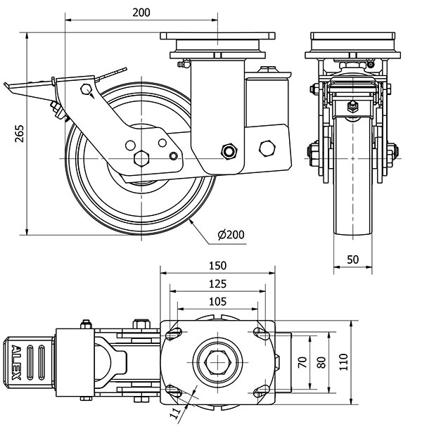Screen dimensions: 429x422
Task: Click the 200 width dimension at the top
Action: point(140,12)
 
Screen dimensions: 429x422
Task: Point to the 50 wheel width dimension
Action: point(353,259)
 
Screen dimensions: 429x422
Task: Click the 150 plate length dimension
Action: point(217,265)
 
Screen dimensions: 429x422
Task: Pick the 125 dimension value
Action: point(217,283)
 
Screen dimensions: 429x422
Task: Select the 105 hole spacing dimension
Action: point(217,301)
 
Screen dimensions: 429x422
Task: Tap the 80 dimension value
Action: point(321,362)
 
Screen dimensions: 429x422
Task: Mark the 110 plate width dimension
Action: point(343,362)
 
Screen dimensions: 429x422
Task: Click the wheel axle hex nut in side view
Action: point(142,157)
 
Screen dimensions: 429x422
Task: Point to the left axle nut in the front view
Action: point(312,153)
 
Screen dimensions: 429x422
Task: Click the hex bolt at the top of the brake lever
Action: point(86,89)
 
